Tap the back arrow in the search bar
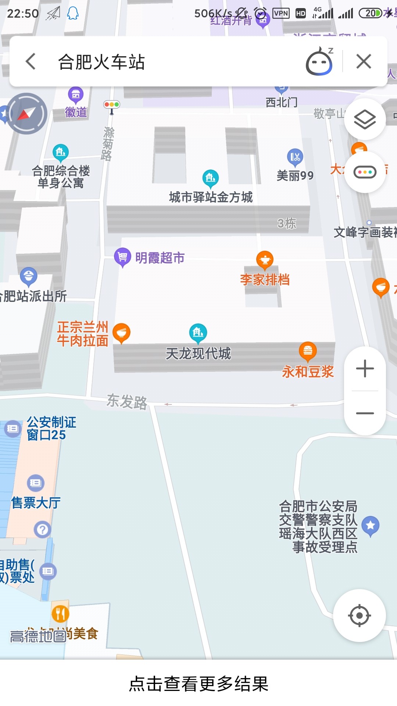point(31,61)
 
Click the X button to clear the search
point(364,61)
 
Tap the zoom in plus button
point(365,368)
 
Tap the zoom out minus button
point(365,413)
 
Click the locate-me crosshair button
point(359,615)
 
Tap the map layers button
point(365,119)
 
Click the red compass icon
point(26,114)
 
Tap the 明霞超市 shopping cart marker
point(122,257)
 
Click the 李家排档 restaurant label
point(265,280)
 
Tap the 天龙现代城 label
point(198,353)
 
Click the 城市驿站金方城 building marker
point(210,178)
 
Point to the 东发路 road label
point(127,401)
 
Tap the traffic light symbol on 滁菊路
point(112,105)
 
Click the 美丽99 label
point(295,176)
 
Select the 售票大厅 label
point(36,503)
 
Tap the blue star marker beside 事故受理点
point(370,525)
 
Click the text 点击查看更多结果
point(198,684)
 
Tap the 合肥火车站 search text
point(101,62)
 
